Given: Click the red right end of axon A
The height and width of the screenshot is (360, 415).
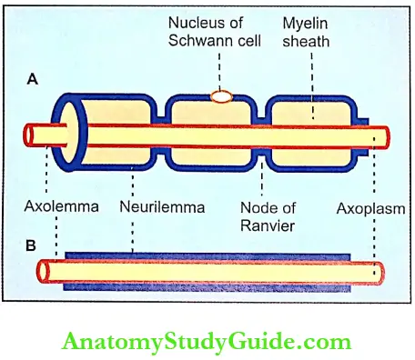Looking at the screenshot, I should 383,135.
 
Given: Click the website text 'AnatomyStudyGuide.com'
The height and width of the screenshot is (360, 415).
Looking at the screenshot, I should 207,342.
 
